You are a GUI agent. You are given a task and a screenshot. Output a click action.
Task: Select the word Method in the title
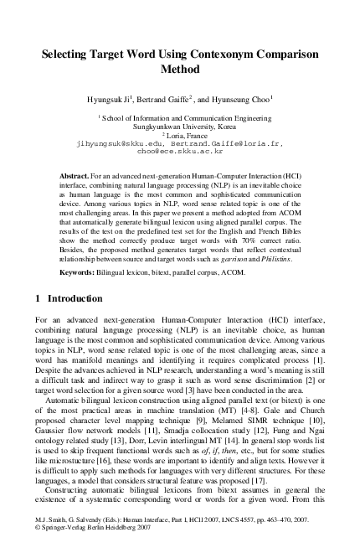pyautogui.click(x=180, y=70)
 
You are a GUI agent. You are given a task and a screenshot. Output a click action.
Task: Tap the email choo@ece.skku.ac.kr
pyautogui.click(x=179, y=152)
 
